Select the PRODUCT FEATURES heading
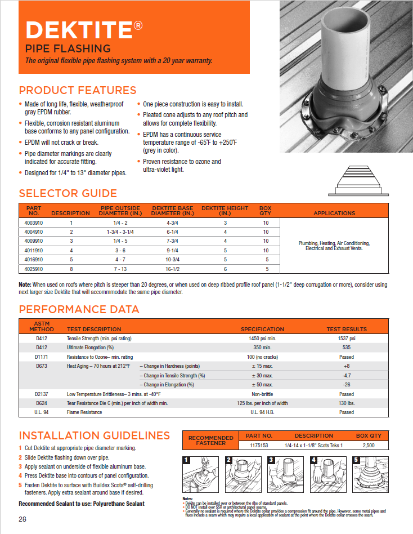(x=78, y=90)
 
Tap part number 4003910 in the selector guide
(x=34, y=223)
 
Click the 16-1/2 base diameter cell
(x=173, y=269)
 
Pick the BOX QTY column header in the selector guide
(x=265, y=211)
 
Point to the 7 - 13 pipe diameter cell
(x=119, y=269)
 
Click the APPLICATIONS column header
(x=334, y=213)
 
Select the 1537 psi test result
(x=346, y=339)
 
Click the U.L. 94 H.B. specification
(x=262, y=412)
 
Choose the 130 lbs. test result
(x=346, y=403)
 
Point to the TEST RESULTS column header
(x=346, y=329)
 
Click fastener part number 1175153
(x=259, y=445)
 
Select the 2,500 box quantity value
(x=369, y=445)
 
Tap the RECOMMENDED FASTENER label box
(x=210, y=440)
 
